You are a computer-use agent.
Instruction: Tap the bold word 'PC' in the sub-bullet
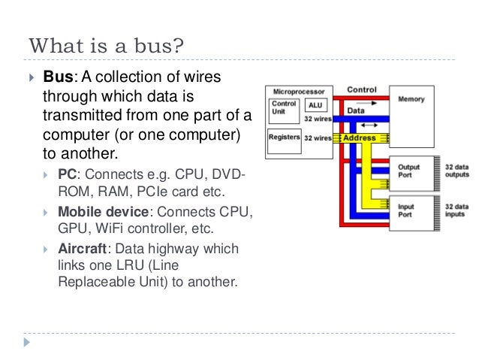(x=67, y=175)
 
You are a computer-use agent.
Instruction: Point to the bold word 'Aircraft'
(x=84, y=248)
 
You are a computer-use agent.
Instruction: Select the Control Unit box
(x=284, y=107)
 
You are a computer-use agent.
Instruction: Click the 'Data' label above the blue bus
(x=356, y=109)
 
